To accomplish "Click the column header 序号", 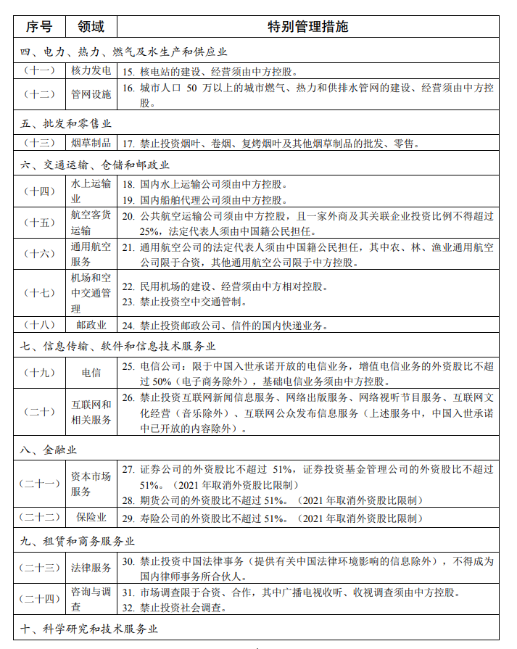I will pos(39,27).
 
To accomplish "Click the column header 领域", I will pos(91,27).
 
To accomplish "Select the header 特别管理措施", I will pos(307,27).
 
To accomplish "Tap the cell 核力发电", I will pos(91,71).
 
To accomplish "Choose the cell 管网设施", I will pos(91,94).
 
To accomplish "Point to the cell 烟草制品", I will pos(91,143).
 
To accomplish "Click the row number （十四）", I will pos(39,191).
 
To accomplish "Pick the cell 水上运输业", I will pos(91,191).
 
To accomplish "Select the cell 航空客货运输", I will pos(91,223).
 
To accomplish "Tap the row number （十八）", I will pos(39,325).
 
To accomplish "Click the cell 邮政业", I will pos(91,325).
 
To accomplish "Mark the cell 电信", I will pos(91,373).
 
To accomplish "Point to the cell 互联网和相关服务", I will pos(91,412).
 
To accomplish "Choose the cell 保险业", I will pos(91,518).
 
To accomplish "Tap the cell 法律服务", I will pos(91,567).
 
